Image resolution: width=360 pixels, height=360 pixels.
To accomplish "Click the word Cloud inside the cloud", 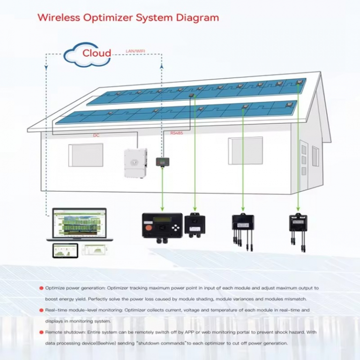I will pyautogui.click(x=97, y=52).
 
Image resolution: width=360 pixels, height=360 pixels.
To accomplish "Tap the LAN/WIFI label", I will pyautogui.click(x=135, y=51).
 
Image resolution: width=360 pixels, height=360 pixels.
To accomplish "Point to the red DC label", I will pyautogui.click(x=96, y=135).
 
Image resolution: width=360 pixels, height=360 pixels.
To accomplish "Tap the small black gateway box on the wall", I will pyautogui.click(x=162, y=162).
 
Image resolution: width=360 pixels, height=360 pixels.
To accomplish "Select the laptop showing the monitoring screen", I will pyautogui.click(x=79, y=224).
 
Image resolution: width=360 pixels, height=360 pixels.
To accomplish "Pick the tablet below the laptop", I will pyautogui.click(x=65, y=250).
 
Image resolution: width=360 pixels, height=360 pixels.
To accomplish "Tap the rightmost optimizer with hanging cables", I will pyautogui.click(x=298, y=224).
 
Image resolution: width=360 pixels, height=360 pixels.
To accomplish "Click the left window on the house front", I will pyautogui.click(x=85, y=155).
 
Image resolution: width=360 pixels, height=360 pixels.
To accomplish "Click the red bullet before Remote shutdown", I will pyautogui.click(x=41, y=332).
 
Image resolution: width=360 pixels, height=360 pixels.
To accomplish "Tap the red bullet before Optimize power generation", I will pyautogui.click(x=41, y=287).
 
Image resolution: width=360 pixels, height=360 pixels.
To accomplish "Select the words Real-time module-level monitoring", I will pyautogui.click(x=87, y=310).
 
